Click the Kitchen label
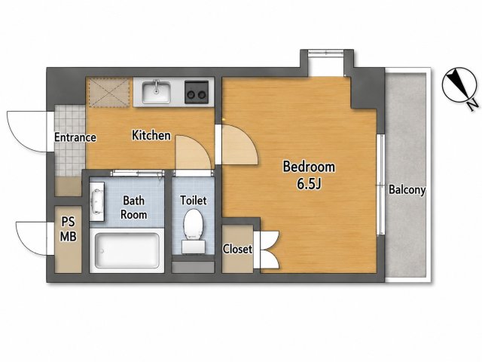pyautogui.click(x=151, y=135)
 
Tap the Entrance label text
pyautogui.click(x=75, y=137)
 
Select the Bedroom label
pyautogui.click(x=309, y=167)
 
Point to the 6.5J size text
pyautogui.click(x=309, y=183)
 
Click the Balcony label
pyautogui.click(x=407, y=189)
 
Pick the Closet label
pyautogui.click(x=237, y=249)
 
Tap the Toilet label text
pyautogui.click(x=194, y=201)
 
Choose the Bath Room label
pyautogui.click(x=134, y=207)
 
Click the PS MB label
pyautogui.click(x=69, y=229)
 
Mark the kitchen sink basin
pyautogui.click(x=156, y=92)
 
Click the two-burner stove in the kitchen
pyautogui.click(x=197, y=92)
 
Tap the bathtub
pyautogui.click(x=127, y=250)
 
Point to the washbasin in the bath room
pyautogui.click(x=97, y=201)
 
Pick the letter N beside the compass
pyautogui.click(x=473, y=105)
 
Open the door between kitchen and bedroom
pyautogui.click(x=236, y=145)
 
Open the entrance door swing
pyautogui.click(x=27, y=131)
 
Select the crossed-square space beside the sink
pyautogui.click(x=109, y=92)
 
